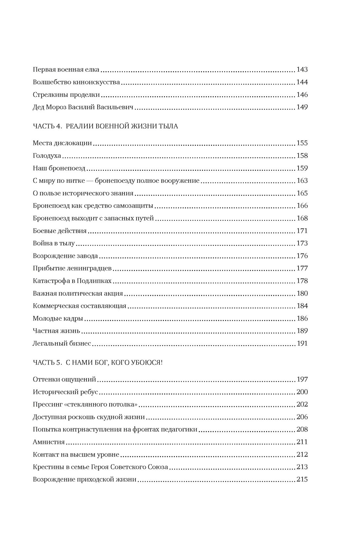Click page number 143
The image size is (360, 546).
302,70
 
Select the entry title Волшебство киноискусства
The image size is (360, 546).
76,82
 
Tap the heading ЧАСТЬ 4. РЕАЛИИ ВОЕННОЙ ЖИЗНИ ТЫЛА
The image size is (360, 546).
105,126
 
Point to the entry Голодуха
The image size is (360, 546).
47,156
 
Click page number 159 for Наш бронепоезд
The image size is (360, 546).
302,168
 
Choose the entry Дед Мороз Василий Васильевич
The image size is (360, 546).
83,107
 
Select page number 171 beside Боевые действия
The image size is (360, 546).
302,231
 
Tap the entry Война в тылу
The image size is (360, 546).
54,243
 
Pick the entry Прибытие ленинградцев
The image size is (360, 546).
72,269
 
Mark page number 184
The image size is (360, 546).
302,306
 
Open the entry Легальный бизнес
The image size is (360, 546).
62,344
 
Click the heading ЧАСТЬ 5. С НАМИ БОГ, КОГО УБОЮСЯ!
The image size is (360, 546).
98,362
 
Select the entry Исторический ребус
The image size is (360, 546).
65,392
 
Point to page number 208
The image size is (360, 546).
302,430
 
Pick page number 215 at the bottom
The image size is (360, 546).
302,480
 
